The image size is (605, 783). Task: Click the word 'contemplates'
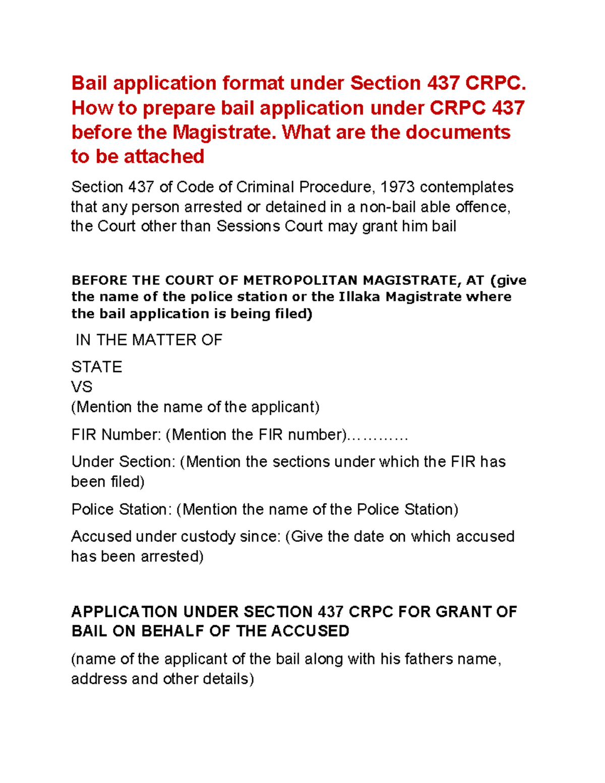tap(466, 187)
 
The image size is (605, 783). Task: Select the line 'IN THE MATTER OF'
tap(149, 340)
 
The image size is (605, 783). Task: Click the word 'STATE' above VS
tap(97, 367)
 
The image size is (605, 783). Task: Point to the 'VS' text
tap(82, 387)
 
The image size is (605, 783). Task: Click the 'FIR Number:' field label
tap(116, 435)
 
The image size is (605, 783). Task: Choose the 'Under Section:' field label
tap(123, 462)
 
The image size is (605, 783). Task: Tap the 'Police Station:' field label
tap(122, 509)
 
